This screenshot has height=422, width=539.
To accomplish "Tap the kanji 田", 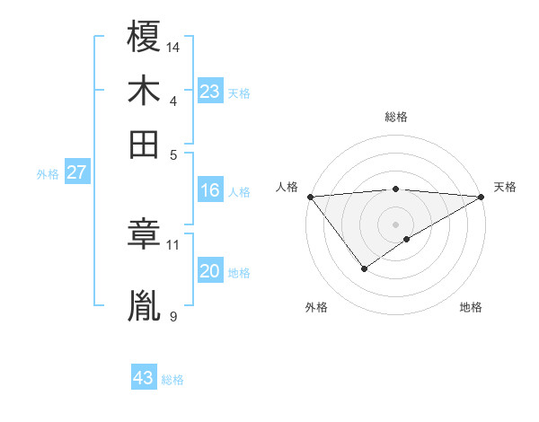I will tap(144, 144).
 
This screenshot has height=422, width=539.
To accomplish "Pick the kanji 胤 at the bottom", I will tap(144, 305).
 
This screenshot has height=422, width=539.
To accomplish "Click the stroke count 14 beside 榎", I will tap(173, 46).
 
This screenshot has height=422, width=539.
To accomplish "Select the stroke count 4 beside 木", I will tap(172, 100).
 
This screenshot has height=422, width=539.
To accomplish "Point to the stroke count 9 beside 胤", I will tap(172, 316).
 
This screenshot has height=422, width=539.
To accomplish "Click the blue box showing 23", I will tap(210, 92).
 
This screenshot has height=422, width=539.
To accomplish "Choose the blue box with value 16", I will tap(210, 190).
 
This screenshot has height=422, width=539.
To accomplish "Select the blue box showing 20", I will tap(210, 272).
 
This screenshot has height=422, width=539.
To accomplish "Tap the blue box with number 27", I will tap(76, 173).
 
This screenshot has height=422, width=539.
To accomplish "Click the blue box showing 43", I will tap(144, 378).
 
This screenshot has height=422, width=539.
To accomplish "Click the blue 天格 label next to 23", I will tap(239, 93).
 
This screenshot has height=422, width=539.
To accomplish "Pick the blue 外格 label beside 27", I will tap(47, 175).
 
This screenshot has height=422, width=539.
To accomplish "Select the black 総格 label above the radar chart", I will tap(396, 117).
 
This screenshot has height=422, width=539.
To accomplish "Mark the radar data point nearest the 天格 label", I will tap(482, 197).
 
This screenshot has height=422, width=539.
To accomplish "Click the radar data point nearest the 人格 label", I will tap(310, 197).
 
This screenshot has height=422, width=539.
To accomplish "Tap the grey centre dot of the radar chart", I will tap(396, 224).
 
